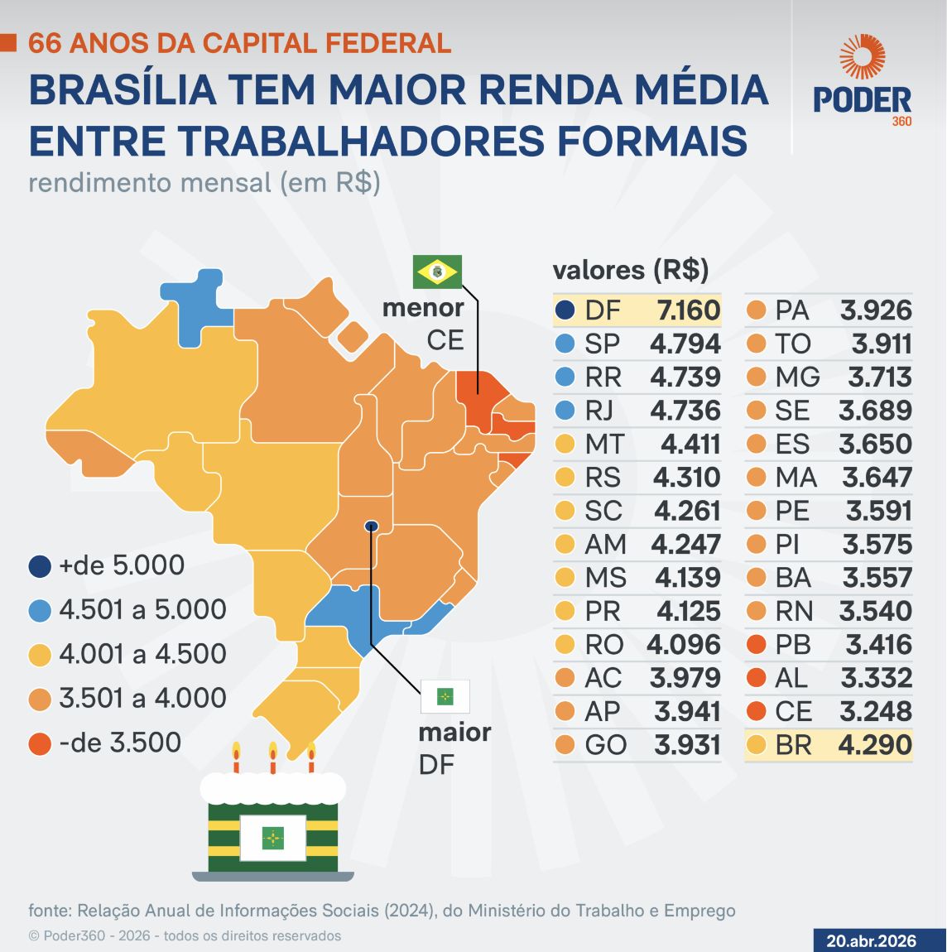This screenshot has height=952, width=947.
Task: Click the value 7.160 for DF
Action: click(688, 310)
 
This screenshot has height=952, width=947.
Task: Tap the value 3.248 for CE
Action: click(876, 711)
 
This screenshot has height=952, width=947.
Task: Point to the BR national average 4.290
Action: click(874, 745)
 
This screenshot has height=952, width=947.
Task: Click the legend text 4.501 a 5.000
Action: click(142, 610)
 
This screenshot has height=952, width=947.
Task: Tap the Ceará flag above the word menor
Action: click(437, 272)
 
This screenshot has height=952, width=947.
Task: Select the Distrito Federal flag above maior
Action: click(445, 696)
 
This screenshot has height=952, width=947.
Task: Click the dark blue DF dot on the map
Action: click(372, 525)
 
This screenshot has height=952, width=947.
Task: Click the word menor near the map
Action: click(423, 308)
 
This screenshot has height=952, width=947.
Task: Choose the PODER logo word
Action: click(862, 101)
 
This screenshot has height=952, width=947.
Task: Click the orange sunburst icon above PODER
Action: click(862, 56)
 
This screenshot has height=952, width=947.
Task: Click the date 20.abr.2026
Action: click(871, 940)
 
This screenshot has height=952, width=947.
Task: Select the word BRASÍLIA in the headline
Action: click(123, 90)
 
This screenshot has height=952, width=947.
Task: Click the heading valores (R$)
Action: click(630, 270)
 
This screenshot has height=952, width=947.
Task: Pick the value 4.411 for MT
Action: click(690, 445)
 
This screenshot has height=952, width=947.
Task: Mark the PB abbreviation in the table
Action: click(793, 645)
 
